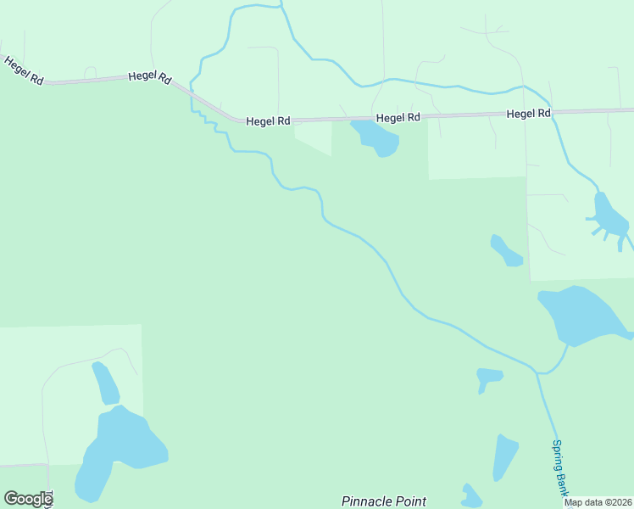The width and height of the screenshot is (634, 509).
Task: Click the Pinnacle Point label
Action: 383,501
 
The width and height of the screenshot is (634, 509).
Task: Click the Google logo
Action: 28,499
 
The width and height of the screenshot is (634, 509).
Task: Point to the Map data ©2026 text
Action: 598,502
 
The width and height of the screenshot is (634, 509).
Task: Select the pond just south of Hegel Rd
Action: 376,137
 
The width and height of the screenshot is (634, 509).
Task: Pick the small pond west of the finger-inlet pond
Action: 506,251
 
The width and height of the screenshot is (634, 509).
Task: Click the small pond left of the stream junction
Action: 488,377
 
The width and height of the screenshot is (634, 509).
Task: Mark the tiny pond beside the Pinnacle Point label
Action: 470,495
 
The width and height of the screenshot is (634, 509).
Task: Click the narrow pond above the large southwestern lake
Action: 106,383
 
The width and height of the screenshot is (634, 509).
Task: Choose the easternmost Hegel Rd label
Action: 529,113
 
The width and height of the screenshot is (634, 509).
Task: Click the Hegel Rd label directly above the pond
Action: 398,118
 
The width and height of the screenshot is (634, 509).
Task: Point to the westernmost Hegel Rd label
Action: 24,70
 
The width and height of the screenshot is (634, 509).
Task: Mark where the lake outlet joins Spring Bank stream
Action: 536,372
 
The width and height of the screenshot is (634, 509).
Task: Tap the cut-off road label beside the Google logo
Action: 49,499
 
